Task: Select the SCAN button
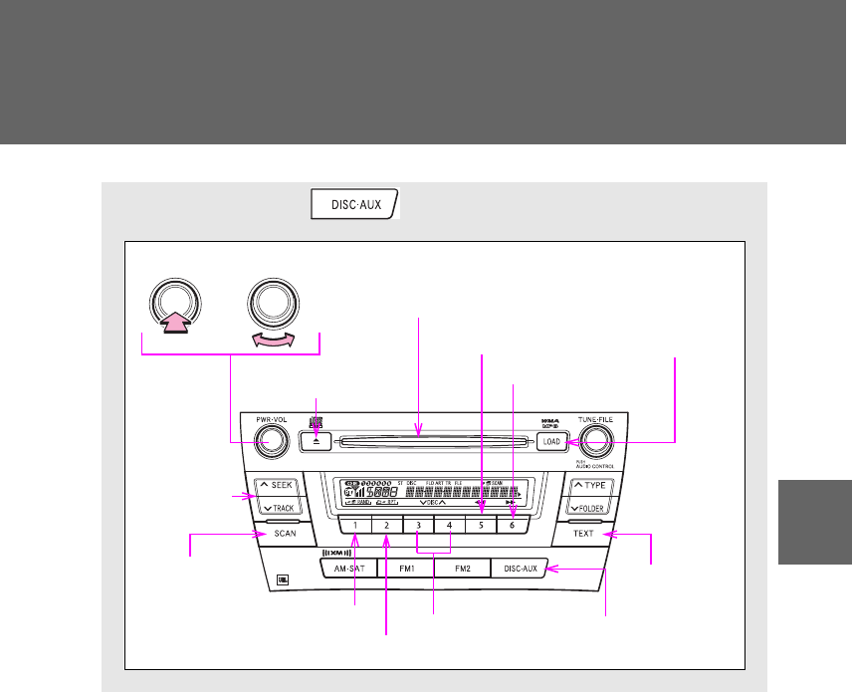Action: [286, 533]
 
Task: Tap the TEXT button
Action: [583, 533]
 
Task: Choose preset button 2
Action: [386, 525]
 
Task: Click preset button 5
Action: [482, 525]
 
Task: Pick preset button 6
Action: [514, 525]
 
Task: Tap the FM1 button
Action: [406, 569]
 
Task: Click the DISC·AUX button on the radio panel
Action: [518, 569]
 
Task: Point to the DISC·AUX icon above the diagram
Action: [354, 204]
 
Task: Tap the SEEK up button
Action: [283, 488]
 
